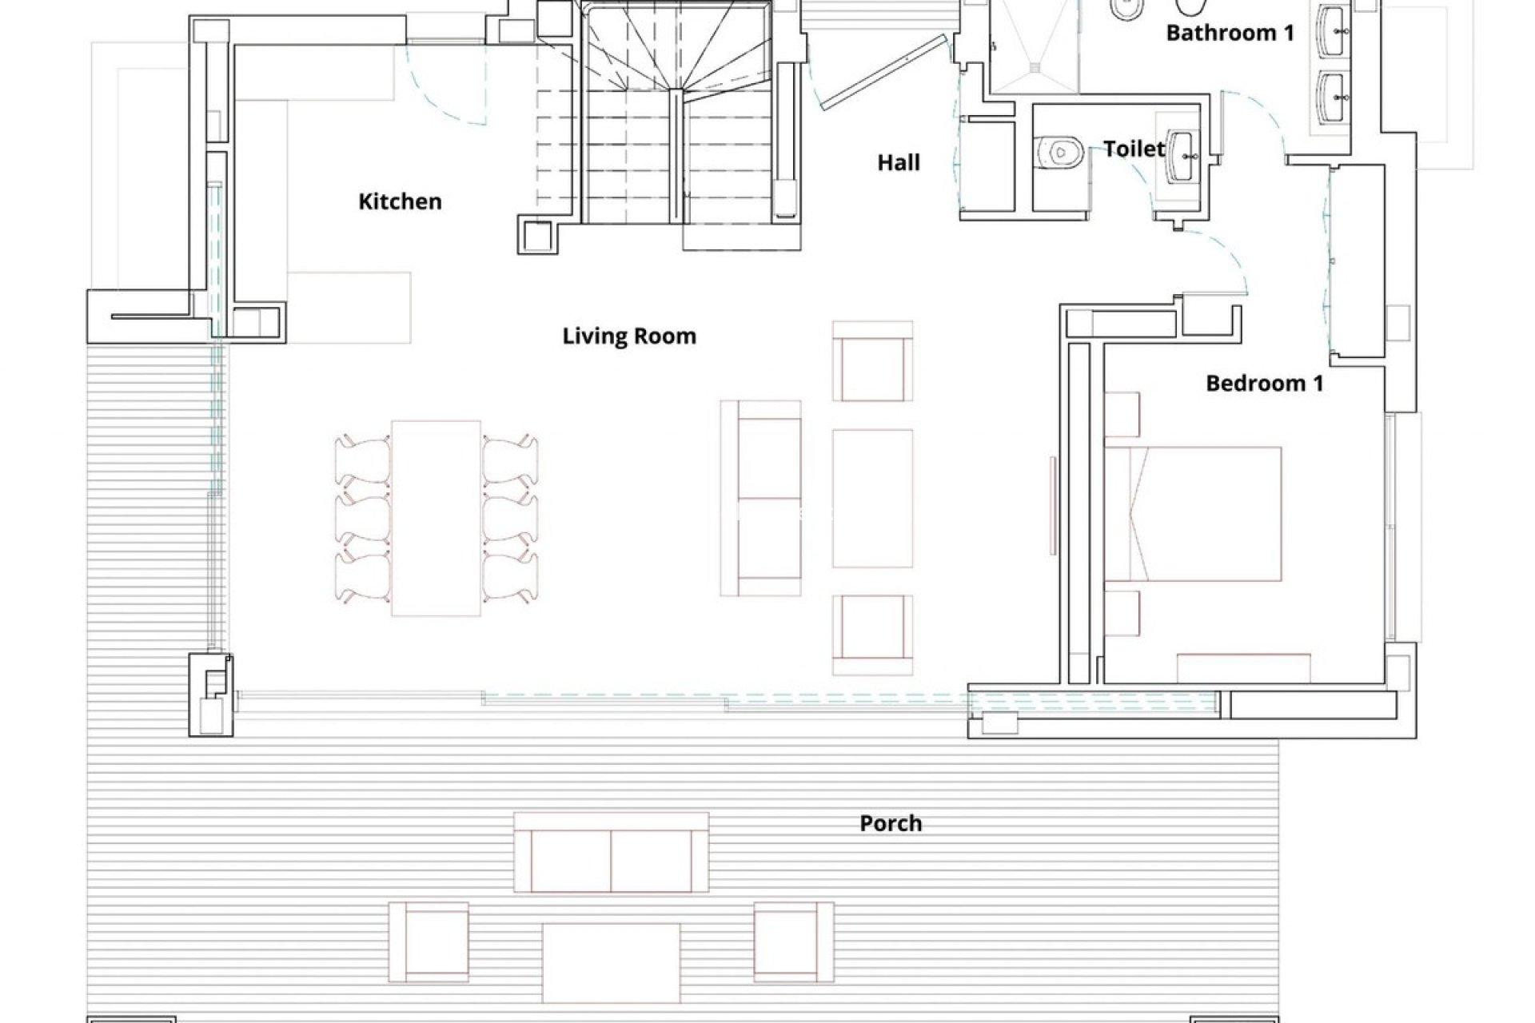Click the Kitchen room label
pos(400,201)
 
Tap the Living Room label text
pos(629,336)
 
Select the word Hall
pos(899,163)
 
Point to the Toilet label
pos(1134,149)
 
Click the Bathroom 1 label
pos(1230,33)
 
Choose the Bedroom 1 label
pos(1264,384)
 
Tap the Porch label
pos(891,823)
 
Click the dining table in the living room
pos(437,518)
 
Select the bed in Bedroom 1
pos(1193,514)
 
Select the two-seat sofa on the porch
pos(612,863)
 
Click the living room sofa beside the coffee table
pos(761,498)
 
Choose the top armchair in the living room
pos(872,361)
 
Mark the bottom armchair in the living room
pos(872,635)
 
